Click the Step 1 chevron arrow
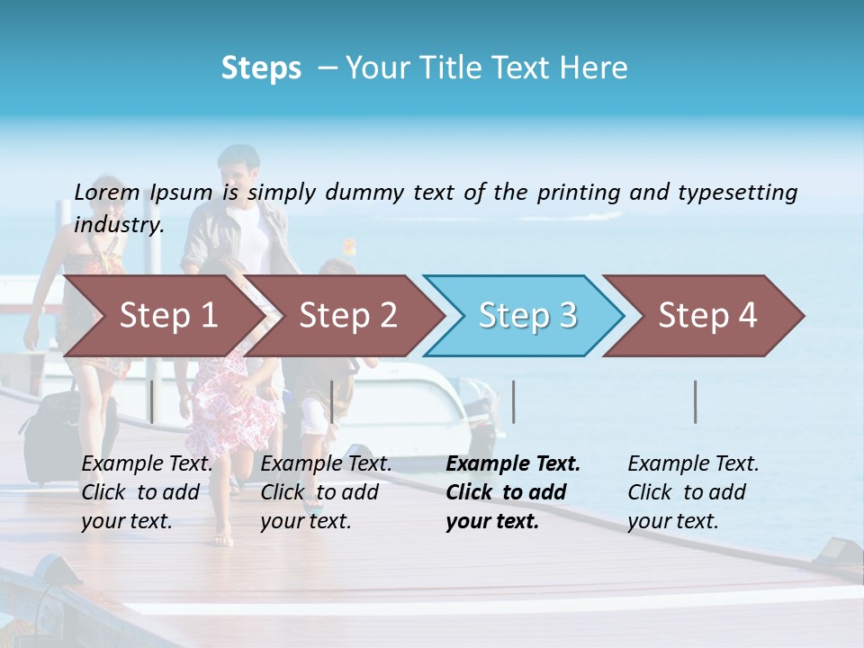point(162,316)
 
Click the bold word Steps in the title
point(261,68)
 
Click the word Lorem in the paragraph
point(107,192)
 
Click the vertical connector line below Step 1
point(151,401)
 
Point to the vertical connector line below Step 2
point(332,401)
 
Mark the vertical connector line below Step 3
point(513,401)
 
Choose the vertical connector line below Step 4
point(696,401)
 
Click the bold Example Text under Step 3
point(513,464)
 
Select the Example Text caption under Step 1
point(147,464)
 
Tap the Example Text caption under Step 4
point(693,464)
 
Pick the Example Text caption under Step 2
point(326,464)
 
